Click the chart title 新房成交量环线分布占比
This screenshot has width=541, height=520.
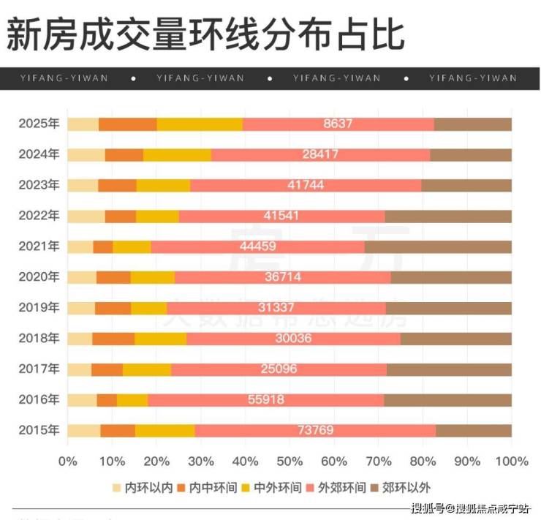205,34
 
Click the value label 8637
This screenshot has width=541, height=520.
338,124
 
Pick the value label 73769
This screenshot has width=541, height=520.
316,431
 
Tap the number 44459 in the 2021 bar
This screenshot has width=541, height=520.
253,246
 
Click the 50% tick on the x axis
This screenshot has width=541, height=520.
290,461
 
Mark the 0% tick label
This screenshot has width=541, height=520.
67,461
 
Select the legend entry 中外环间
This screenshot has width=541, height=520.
276,487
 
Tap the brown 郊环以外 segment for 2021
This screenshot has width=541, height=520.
438,246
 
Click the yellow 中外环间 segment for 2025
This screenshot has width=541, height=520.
200,124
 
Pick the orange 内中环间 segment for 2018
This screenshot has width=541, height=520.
113,339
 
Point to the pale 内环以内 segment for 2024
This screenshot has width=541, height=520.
86,154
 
